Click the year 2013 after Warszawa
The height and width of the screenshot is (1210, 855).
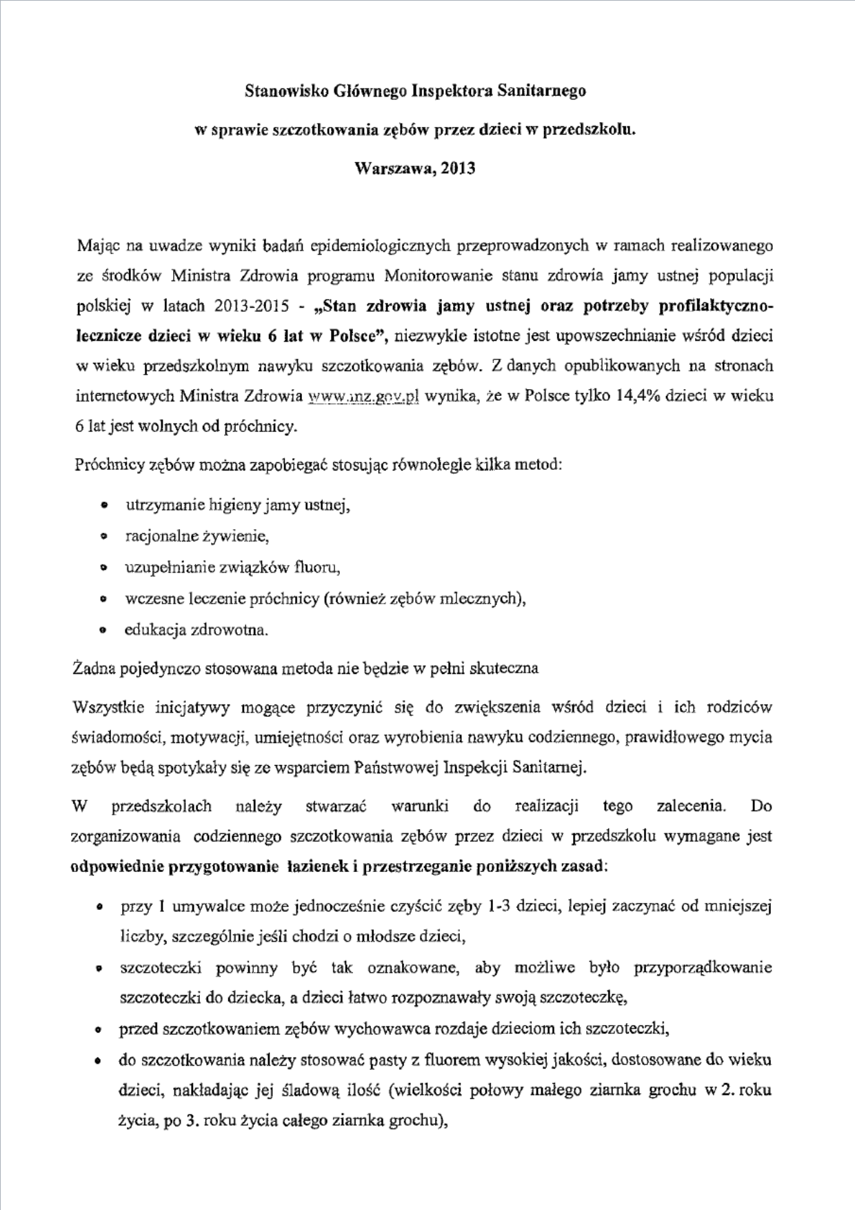[456, 168]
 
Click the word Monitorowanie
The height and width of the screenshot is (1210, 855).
[438, 276]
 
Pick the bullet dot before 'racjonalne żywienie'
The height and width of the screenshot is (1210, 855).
[103, 536]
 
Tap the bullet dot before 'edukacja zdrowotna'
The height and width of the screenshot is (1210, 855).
[103, 630]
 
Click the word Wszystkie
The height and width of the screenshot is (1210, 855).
[108, 707]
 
